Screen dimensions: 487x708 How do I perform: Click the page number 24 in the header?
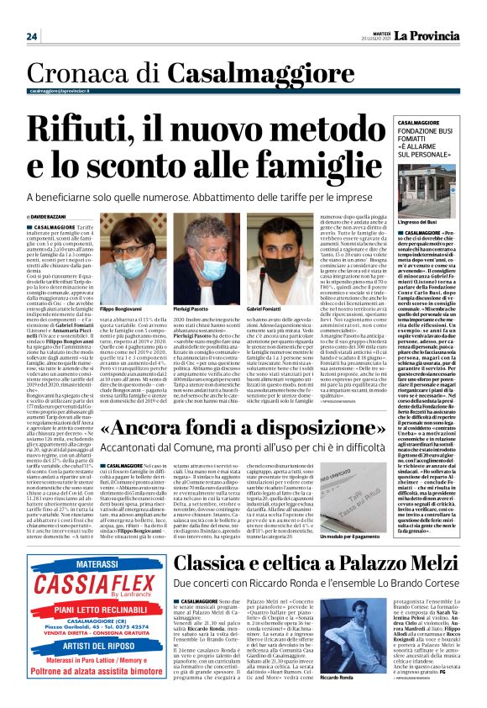point(32,36)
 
